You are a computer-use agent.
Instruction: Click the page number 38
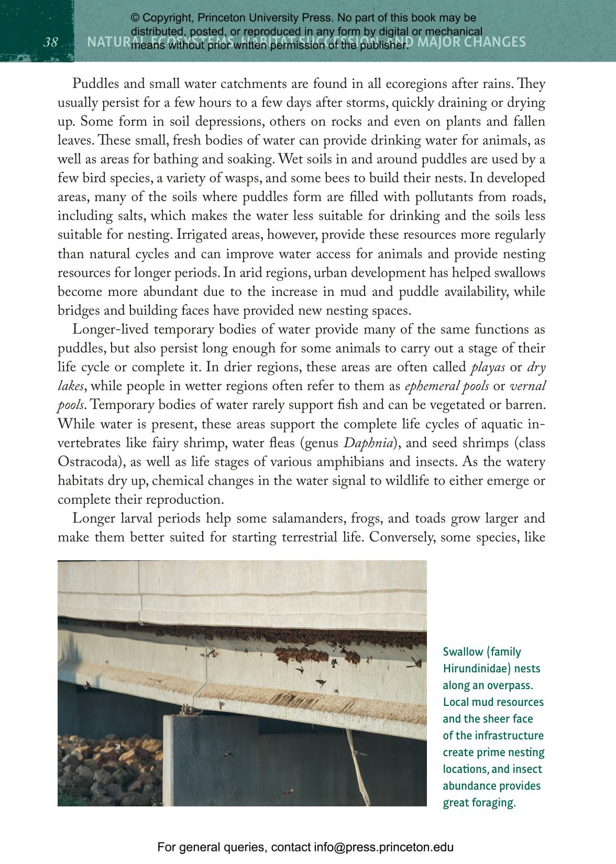tap(50, 42)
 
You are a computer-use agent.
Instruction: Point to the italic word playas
tap(488, 367)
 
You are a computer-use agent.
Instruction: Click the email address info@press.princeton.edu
tap(383, 847)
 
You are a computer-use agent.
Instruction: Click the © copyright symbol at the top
tap(135, 18)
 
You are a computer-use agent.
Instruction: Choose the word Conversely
tap(402, 537)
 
